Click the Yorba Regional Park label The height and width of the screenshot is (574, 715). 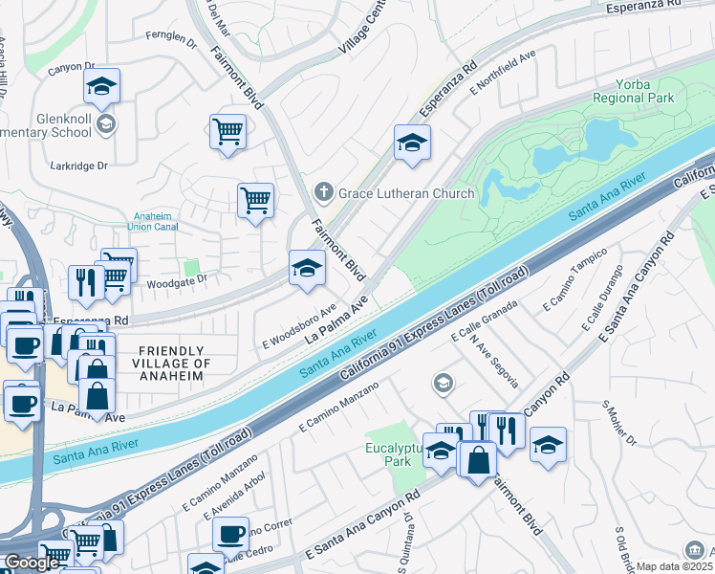pos(633,91)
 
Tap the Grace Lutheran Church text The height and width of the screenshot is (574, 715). pos(405,193)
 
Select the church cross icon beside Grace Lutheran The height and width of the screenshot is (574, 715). pos(324,193)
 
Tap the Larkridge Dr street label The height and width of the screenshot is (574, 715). pos(80,166)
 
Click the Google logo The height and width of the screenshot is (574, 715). pos(32,563)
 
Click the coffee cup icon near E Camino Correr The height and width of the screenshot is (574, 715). pos(230,534)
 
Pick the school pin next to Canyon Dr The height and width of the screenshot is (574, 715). pos(101,87)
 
